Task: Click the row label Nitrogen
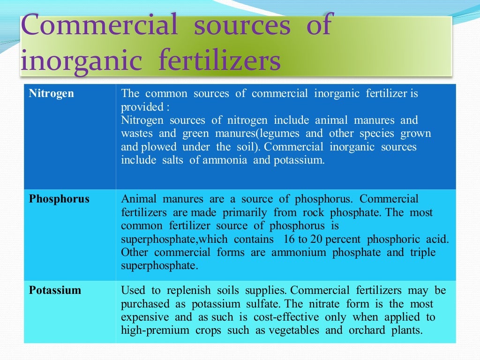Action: [x=52, y=93]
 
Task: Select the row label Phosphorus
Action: [x=59, y=199]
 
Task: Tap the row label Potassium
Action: [x=55, y=290]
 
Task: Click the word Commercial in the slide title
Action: [x=99, y=25]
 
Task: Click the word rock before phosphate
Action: [x=312, y=212]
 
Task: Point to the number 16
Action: [x=290, y=239]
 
